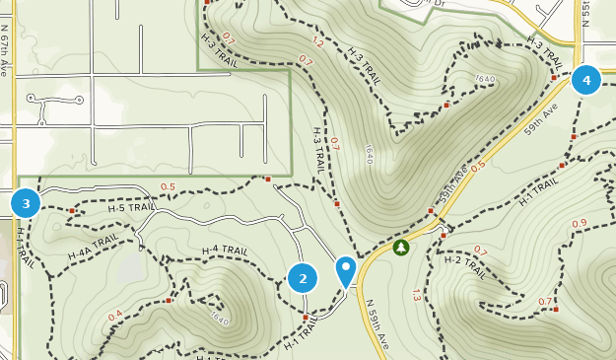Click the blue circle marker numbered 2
(x=303, y=278)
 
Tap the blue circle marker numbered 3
(x=26, y=204)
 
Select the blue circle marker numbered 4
(x=586, y=80)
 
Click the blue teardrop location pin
(x=346, y=269)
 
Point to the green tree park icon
(x=400, y=248)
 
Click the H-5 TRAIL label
(x=130, y=208)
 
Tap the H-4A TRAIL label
(x=94, y=248)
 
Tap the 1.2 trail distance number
(x=317, y=42)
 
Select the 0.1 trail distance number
(x=230, y=38)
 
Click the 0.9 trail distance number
(x=580, y=224)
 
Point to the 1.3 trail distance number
(x=417, y=294)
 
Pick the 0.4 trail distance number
(x=115, y=316)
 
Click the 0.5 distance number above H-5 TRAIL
(x=167, y=186)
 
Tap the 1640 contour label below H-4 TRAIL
(x=219, y=321)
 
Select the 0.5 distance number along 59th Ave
(x=478, y=166)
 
